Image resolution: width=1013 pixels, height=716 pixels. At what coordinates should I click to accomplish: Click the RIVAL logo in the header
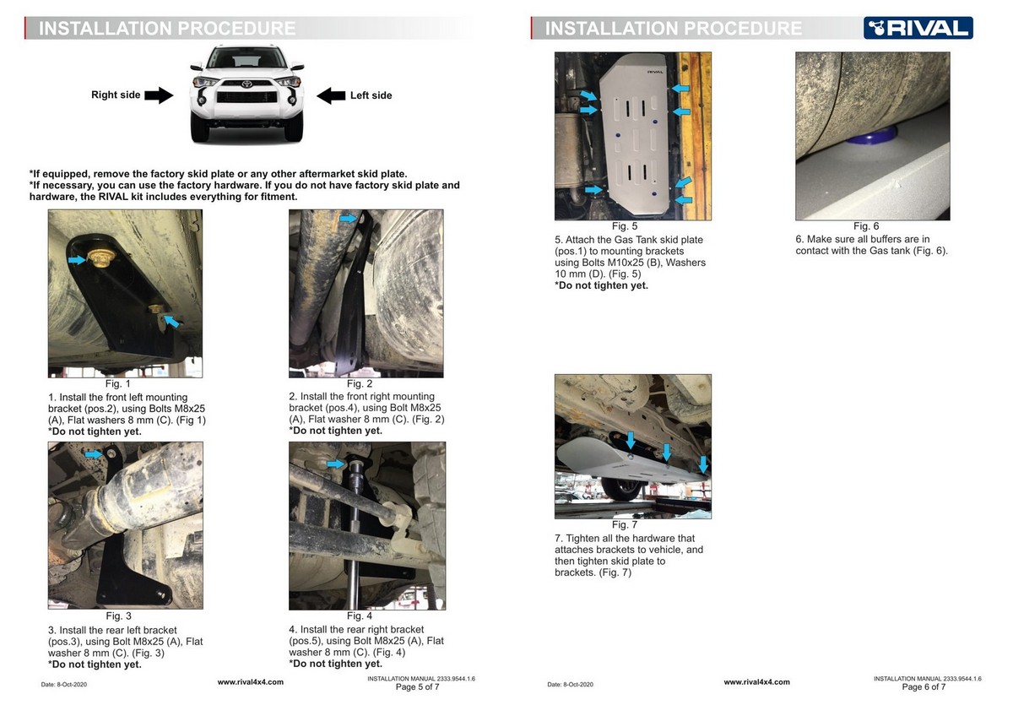coord(918,28)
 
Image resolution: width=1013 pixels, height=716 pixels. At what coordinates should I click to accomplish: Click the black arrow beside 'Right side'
coord(159,95)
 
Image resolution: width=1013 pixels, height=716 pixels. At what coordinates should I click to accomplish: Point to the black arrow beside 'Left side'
coord(331,95)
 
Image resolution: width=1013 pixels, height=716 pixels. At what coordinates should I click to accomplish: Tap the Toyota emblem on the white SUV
coord(246,84)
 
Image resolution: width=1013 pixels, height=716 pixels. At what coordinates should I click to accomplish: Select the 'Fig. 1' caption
coord(118,383)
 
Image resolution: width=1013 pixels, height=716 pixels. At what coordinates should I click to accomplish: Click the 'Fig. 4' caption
coord(360,616)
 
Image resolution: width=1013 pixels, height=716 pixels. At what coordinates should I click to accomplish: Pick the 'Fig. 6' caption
coord(866,226)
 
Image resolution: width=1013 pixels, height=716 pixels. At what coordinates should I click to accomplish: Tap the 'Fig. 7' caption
coord(625,524)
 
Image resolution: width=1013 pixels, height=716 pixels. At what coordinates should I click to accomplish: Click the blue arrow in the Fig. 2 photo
coord(348,219)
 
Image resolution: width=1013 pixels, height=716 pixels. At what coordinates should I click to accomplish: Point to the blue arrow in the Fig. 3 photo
coord(94,453)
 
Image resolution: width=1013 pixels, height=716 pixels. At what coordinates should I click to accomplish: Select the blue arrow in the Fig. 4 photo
coord(336,464)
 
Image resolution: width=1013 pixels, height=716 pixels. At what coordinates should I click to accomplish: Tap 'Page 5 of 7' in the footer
coord(417,686)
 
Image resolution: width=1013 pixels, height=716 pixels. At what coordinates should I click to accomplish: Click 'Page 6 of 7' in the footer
coord(924,686)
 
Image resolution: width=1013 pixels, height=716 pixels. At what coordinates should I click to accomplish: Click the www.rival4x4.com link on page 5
coord(251,682)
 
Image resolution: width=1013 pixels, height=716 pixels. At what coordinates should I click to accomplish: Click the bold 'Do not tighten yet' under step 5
coord(601,285)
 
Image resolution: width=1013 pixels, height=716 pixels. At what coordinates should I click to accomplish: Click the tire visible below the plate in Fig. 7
coord(622,489)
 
